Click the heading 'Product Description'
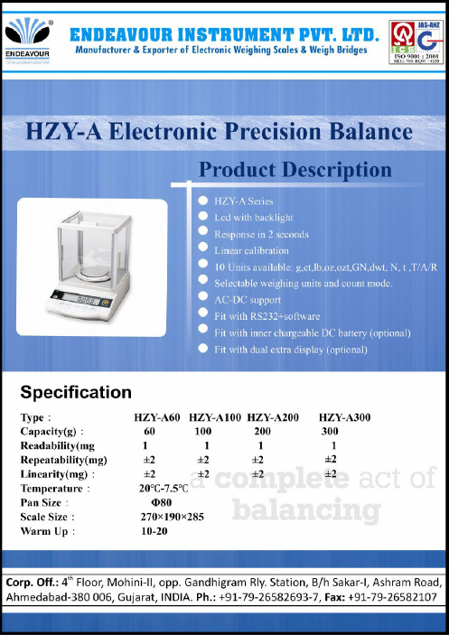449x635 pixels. pyautogui.click(x=295, y=170)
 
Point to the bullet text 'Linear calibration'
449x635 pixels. pyautogui.click(x=251, y=250)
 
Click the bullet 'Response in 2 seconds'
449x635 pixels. pyautogui.click(x=261, y=234)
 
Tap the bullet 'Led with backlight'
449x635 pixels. pyautogui.click(x=253, y=218)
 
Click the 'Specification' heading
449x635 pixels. pyautogui.click(x=76, y=393)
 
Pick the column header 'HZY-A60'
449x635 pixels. pyautogui.click(x=158, y=417)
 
